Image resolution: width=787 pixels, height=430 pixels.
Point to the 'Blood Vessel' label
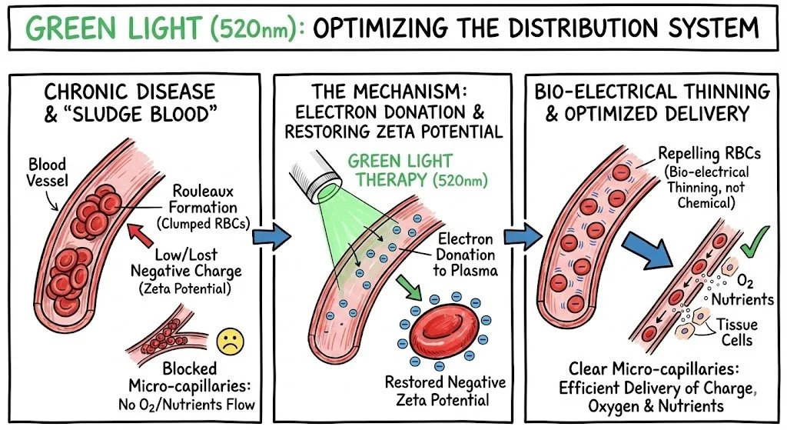(x=47, y=173)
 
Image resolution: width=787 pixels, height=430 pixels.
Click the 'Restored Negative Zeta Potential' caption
(x=447, y=390)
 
